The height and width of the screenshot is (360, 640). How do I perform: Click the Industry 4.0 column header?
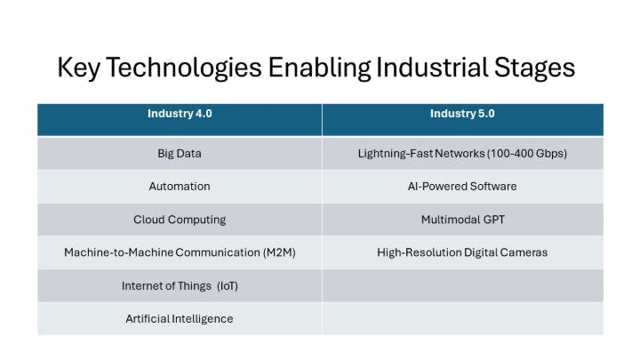[x=179, y=114]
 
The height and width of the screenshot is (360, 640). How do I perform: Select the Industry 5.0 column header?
[x=462, y=114]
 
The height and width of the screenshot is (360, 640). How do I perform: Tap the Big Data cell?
[x=179, y=153]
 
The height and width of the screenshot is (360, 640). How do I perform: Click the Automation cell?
[x=179, y=187]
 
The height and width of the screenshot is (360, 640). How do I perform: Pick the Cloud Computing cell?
[x=179, y=220]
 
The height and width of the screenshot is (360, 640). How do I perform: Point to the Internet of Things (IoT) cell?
[x=179, y=286]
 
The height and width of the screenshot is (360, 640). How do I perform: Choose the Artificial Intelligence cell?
[x=179, y=318]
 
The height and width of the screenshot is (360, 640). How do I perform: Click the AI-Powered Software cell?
[x=462, y=187]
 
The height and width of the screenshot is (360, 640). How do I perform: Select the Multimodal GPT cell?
[x=462, y=220]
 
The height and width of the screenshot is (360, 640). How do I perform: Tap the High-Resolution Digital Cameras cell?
[x=462, y=252]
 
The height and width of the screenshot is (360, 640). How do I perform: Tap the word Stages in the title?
[x=532, y=68]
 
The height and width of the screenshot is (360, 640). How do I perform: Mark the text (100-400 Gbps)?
[x=526, y=153]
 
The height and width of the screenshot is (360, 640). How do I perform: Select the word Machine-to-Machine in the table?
[x=112, y=252]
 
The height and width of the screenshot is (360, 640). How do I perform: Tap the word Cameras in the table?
[x=523, y=252]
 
